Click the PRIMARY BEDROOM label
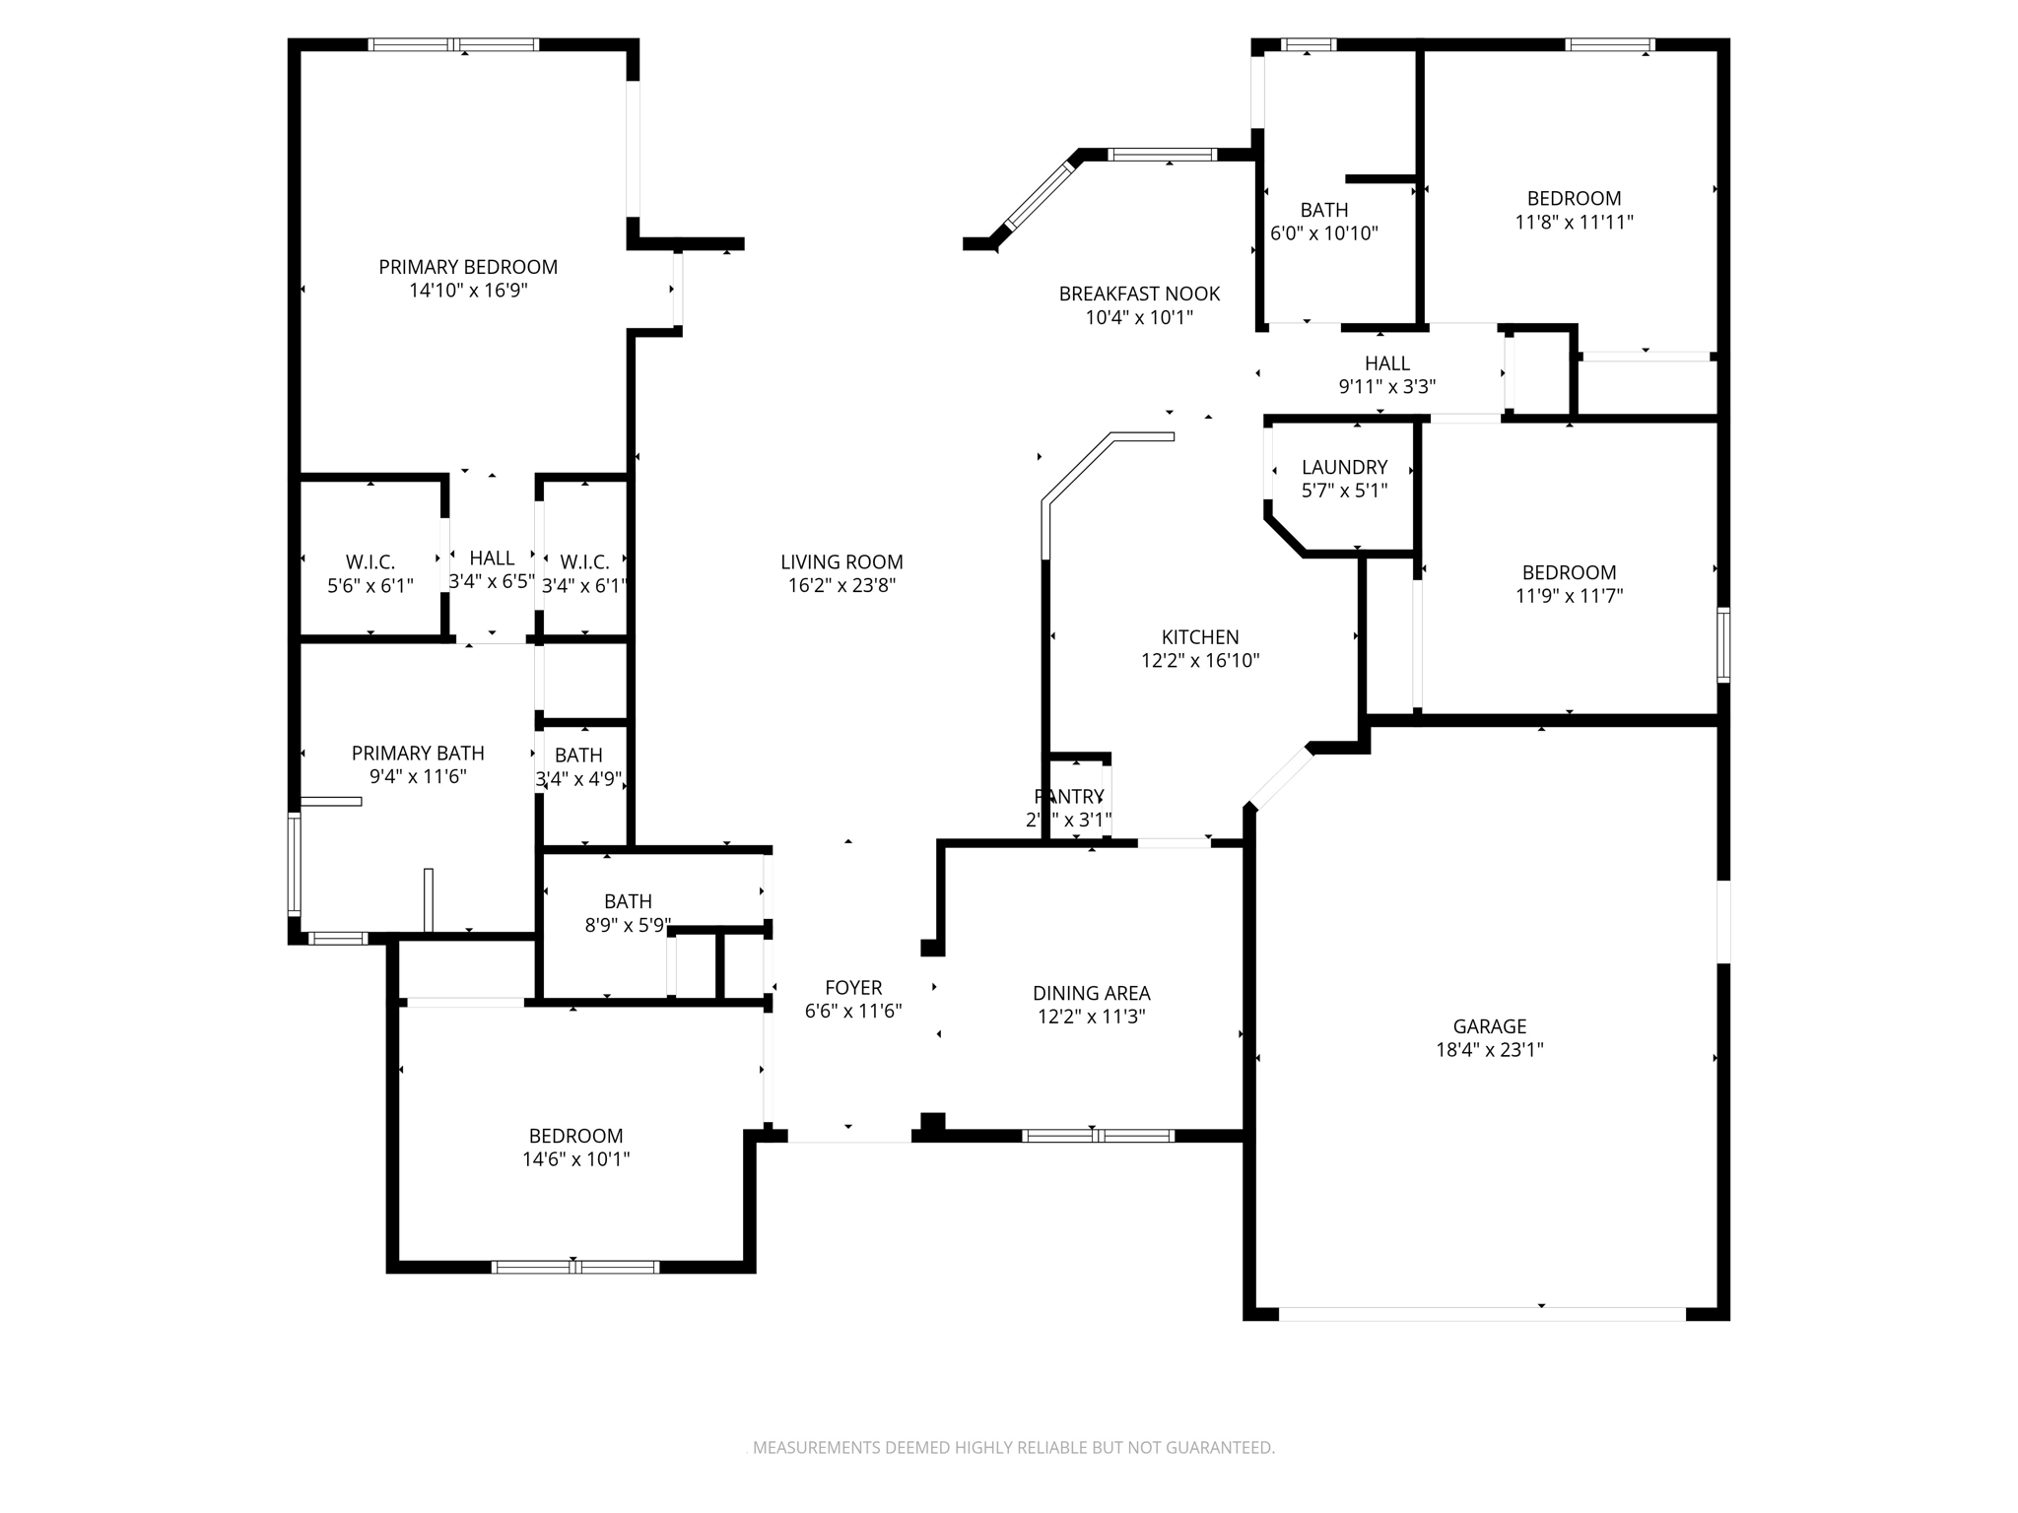pyautogui.click(x=468, y=267)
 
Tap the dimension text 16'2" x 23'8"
pyautogui.click(x=841, y=586)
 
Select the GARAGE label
pyautogui.click(x=1489, y=1026)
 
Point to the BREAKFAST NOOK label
pyautogui.click(x=1139, y=294)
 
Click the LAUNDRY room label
pyautogui.click(x=1344, y=467)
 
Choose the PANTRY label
pyautogui.click(x=1069, y=796)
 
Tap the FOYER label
pyautogui.click(x=853, y=988)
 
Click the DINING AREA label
pyautogui.click(x=1091, y=993)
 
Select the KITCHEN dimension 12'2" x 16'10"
pyautogui.click(x=1200, y=661)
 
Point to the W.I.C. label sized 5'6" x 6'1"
pyautogui.click(x=370, y=562)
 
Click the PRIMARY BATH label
pyautogui.click(x=418, y=754)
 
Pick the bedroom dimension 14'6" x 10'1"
pyautogui.click(x=575, y=1159)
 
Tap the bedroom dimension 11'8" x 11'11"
pyautogui.click(x=1574, y=223)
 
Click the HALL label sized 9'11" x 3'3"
pyautogui.click(x=1386, y=363)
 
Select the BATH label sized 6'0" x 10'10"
pyautogui.click(x=1323, y=210)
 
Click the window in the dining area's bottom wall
pyautogui.click(x=1098, y=1136)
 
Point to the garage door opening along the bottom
pyautogui.click(x=1482, y=1314)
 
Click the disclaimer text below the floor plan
pyautogui.click(x=1013, y=1448)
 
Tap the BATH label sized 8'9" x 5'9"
pyautogui.click(x=628, y=901)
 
